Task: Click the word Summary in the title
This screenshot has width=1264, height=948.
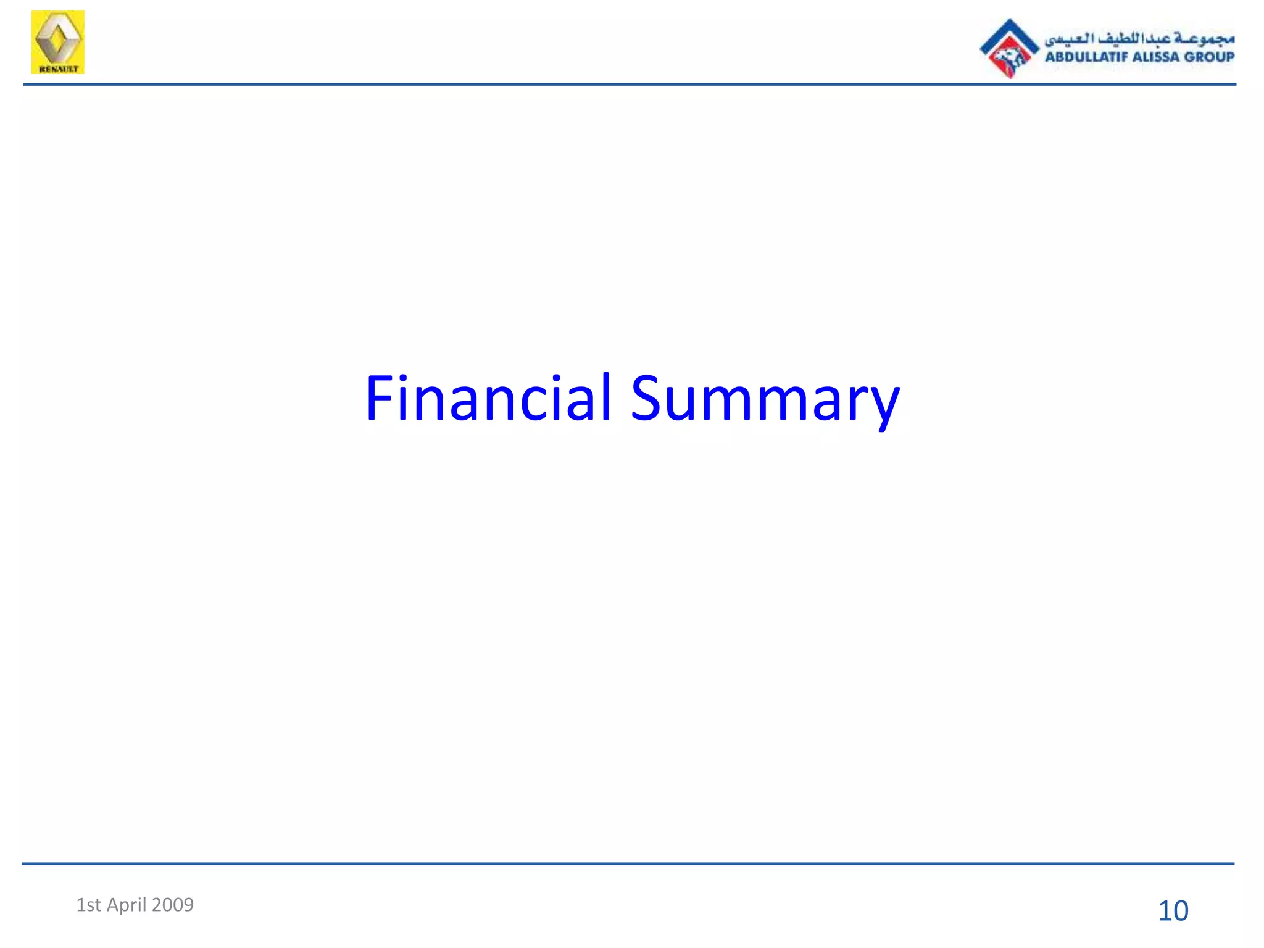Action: click(x=765, y=399)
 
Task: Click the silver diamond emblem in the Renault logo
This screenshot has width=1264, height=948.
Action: click(x=57, y=38)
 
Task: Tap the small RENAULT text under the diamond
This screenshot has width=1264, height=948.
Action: click(x=58, y=69)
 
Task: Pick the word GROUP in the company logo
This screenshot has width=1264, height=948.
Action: click(x=1210, y=57)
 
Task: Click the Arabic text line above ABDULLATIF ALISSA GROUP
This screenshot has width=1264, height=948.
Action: click(x=1139, y=39)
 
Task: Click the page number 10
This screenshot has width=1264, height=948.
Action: click(x=1173, y=911)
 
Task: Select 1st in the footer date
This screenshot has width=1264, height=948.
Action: click(x=88, y=905)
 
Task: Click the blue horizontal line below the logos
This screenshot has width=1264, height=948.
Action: click(x=630, y=85)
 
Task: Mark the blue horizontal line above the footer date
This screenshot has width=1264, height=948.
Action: click(x=630, y=863)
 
